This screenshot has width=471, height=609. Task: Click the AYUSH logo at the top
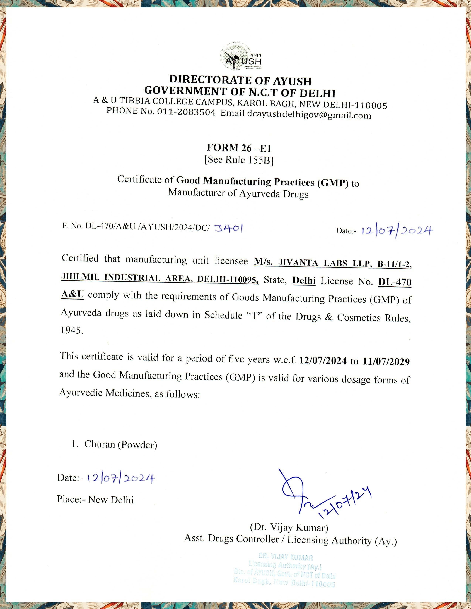(x=240, y=57)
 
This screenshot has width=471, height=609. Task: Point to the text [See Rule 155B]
(x=239, y=160)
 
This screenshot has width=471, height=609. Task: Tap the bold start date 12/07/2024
(x=323, y=361)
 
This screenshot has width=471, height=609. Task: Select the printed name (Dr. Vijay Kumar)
(x=289, y=527)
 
